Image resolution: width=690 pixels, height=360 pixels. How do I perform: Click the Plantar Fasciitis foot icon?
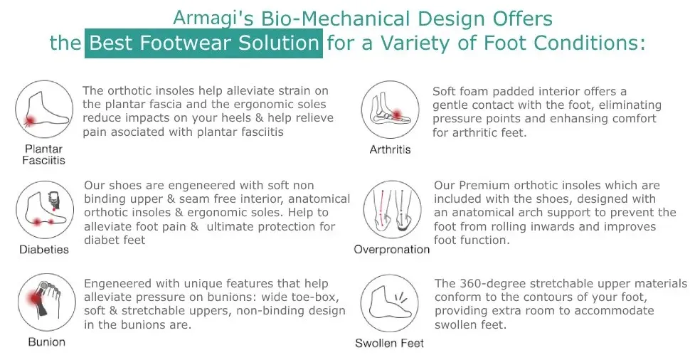tap(44, 109)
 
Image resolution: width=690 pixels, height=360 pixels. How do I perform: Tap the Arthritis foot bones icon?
tap(391, 110)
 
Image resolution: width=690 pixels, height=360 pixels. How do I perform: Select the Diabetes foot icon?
tap(45, 209)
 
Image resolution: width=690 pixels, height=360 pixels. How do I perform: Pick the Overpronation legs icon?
tap(393, 209)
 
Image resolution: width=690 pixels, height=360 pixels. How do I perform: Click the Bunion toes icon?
tap(47, 302)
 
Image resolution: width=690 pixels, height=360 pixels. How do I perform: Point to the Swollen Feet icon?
tap(389, 303)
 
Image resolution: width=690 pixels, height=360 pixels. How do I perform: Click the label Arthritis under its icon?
tap(390, 149)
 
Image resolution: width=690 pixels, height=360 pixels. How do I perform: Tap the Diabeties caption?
tap(44, 250)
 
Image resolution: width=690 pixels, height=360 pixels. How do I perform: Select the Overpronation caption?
tap(392, 250)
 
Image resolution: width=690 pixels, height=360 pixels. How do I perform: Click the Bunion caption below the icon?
tap(47, 342)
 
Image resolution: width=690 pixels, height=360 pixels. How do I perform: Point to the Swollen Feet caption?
tap(389, 343)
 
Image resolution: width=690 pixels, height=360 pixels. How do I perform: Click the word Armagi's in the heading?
tap(213, 18)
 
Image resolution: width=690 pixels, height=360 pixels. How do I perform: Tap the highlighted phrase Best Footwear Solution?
tap(203, 43)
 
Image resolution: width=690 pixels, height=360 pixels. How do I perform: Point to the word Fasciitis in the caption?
tap(43, 160)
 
